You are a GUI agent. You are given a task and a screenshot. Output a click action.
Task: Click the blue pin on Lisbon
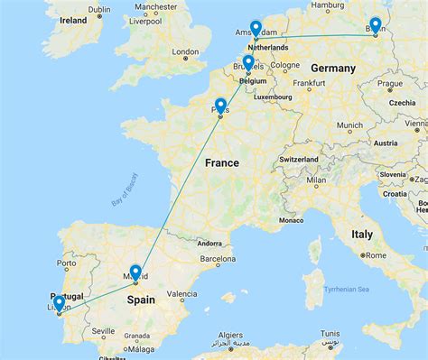click(59, 304)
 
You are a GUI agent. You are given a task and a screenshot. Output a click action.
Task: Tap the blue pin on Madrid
click(135, 270)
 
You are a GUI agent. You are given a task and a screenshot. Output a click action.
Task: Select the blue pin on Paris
click(220, 105)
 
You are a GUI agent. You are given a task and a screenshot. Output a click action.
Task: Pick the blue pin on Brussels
click(247, 62)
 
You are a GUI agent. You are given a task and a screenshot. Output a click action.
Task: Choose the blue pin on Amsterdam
click(256, 29)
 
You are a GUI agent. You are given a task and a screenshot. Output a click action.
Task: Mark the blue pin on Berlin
click(375, 26)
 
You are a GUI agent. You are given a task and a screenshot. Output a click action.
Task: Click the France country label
click(221, 163)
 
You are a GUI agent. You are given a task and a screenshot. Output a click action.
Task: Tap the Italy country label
click(361, 234)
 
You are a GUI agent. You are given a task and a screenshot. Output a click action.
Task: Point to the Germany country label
click(333, 69)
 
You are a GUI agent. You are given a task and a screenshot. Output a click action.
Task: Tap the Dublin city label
click(100, 9)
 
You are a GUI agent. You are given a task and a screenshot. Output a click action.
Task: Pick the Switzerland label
click(297, 159)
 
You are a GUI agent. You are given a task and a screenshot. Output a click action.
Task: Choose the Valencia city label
click(181, 294)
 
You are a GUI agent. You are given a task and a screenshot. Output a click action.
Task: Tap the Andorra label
click(209, 243)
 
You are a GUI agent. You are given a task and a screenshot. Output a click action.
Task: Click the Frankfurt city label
click(307, 83)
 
